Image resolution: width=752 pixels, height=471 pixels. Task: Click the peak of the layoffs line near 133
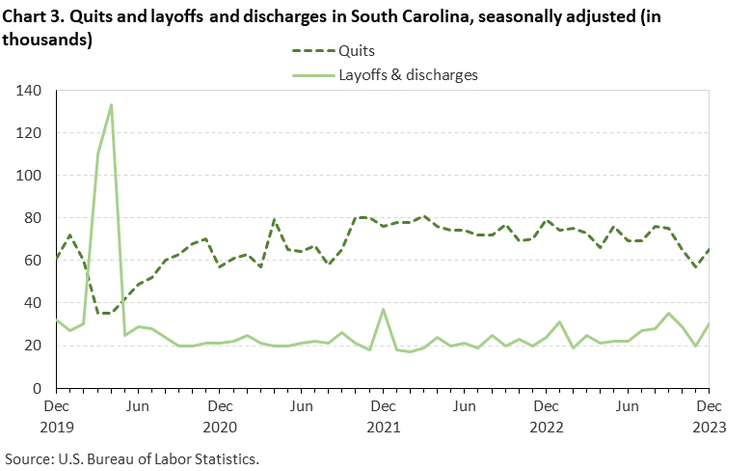pyautogui.click(x=111, y=105)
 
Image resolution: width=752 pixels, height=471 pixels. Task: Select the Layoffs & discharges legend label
pyautogui.click(x=407, y=74)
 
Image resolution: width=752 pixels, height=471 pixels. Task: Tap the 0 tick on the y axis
pyautogui.click(x=40, y=388)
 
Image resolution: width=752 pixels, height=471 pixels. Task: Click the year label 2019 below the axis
pyautogui.click(x=57, y=425)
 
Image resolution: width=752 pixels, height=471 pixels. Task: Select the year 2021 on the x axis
pyautogui.click(x=384, y=425)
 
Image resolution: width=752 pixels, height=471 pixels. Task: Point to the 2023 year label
pyautogui.click(x=710, y=425)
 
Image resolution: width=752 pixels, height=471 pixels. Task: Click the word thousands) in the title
pyautogui.click(x=49, y=40)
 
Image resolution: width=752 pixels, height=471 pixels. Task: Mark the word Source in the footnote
pyautogui.click(x=28, y=457)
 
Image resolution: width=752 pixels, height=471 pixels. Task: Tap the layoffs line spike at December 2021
pyautogui.click(x=384, y=310)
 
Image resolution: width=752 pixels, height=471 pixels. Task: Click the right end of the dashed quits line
pyautogui.click(x=709, y=250)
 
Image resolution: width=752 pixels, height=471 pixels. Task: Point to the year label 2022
pyautogui.click(x=547, y=425)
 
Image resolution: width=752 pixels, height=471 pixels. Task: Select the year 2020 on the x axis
pyautogui.click(x=220, y=425)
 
